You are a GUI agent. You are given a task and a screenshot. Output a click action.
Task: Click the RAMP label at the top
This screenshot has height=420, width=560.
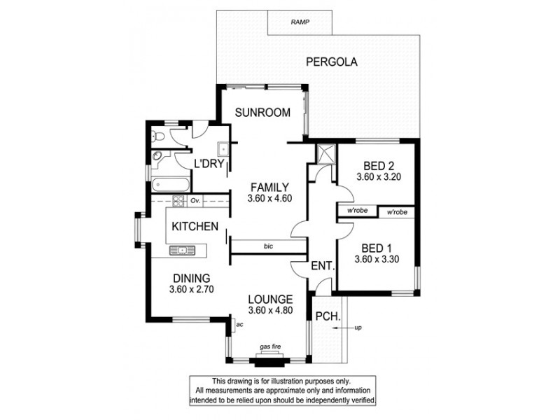pyautogui.click(x=300, y=22)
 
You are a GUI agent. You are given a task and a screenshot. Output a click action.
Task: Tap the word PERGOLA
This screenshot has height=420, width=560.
pyautogui.click(x=332, y=62)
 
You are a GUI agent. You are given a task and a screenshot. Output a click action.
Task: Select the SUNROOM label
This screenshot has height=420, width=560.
pyautogui.click(x=262, y=112)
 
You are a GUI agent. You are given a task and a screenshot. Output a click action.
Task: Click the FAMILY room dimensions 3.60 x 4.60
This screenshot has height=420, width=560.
pyautogui.click(x=269, y=198)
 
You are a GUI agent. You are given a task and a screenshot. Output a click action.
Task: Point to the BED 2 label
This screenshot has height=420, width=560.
pyautogui.click(x=379, y=166)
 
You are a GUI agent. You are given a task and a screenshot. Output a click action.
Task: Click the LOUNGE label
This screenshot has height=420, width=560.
pyautogui.click(x=270, y=300)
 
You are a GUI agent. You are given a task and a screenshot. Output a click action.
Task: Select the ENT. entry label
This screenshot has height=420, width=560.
pyautogui.click(x=323, y=266)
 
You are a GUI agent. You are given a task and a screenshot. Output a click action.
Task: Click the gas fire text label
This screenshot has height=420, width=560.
pyautogui.click(x=271, y=347)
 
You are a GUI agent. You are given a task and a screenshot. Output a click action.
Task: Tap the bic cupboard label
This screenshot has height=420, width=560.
pyautogui.click(x=268, y=246)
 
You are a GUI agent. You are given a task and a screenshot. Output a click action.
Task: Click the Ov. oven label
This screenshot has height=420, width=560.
pyautogui.click(x=195, y=201)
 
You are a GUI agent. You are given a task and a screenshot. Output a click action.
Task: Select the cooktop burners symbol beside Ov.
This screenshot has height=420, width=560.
pyautogui.click(x=178, y=202)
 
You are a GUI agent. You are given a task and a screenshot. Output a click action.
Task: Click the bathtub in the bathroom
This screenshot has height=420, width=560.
pyautogui.click(x=167, y=185)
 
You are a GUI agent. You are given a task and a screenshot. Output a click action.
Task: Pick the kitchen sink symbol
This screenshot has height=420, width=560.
pyautogui.click(x=183, y=248)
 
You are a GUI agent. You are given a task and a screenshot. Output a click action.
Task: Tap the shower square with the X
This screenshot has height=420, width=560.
pyautogui.click(x=325, y=154)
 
